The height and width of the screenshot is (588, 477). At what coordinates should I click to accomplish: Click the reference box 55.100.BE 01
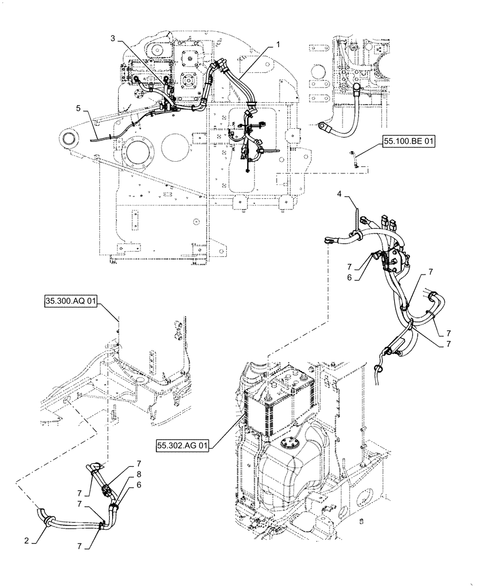click(x=409, y=142)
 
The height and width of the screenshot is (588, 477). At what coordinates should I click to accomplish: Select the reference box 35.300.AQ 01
click(x=70, y=302)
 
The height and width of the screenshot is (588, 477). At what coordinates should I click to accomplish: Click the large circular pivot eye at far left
click(x=70, y=139)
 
